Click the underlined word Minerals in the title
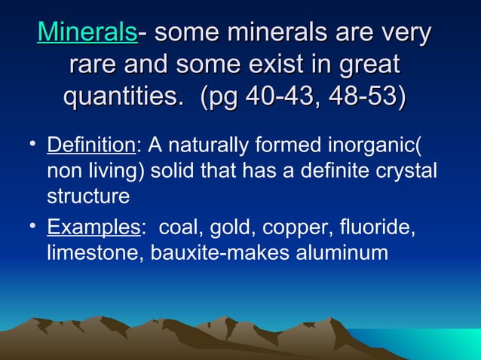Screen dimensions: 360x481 [87, 32]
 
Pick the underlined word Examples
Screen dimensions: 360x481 [93, 227]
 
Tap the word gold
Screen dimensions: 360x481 [231, 227]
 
